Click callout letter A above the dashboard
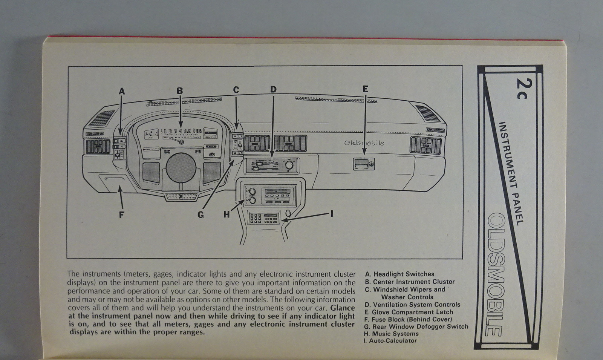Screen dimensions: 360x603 click(x=121, y=91)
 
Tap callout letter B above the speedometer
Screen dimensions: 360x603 click(x=180, y=91)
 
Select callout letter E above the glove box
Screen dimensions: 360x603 click(x=365, y=89)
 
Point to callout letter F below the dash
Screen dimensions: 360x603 click(x=121, y=215)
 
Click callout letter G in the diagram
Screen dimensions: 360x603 click(x=200, y=215)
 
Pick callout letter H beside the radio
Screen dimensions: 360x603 click(x=226, y=214)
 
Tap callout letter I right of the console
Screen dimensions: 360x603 click(x=332, y=214)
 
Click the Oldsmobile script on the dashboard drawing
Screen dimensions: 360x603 click(x=364, y=143)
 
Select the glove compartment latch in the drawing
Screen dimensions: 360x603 click(x=364, y=164)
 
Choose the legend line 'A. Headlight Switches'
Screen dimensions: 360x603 click(x=399, y=274)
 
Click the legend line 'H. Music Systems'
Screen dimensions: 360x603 click(x=391, y=334)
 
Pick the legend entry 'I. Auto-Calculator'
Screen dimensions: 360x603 click(x=390, y=341)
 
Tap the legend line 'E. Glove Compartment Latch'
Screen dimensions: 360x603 click(x=409, y=312)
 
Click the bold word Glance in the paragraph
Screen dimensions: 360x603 click(x=343, y=308)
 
